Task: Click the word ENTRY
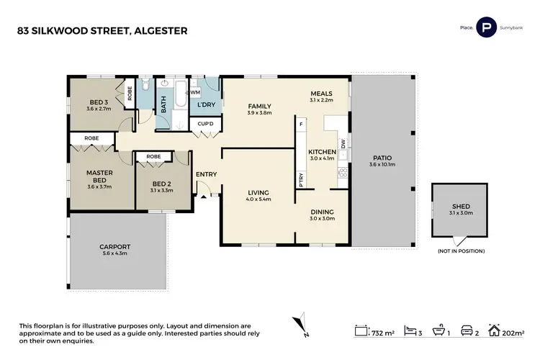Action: click(x=206, y=174)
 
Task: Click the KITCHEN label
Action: click(x=322, y=153)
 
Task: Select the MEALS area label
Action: click(x=321, y=94)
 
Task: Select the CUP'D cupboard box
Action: click(x=206, y=124)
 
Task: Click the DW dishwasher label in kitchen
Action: click(x=343, y=144)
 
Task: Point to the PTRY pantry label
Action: click(x=301, y=180)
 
